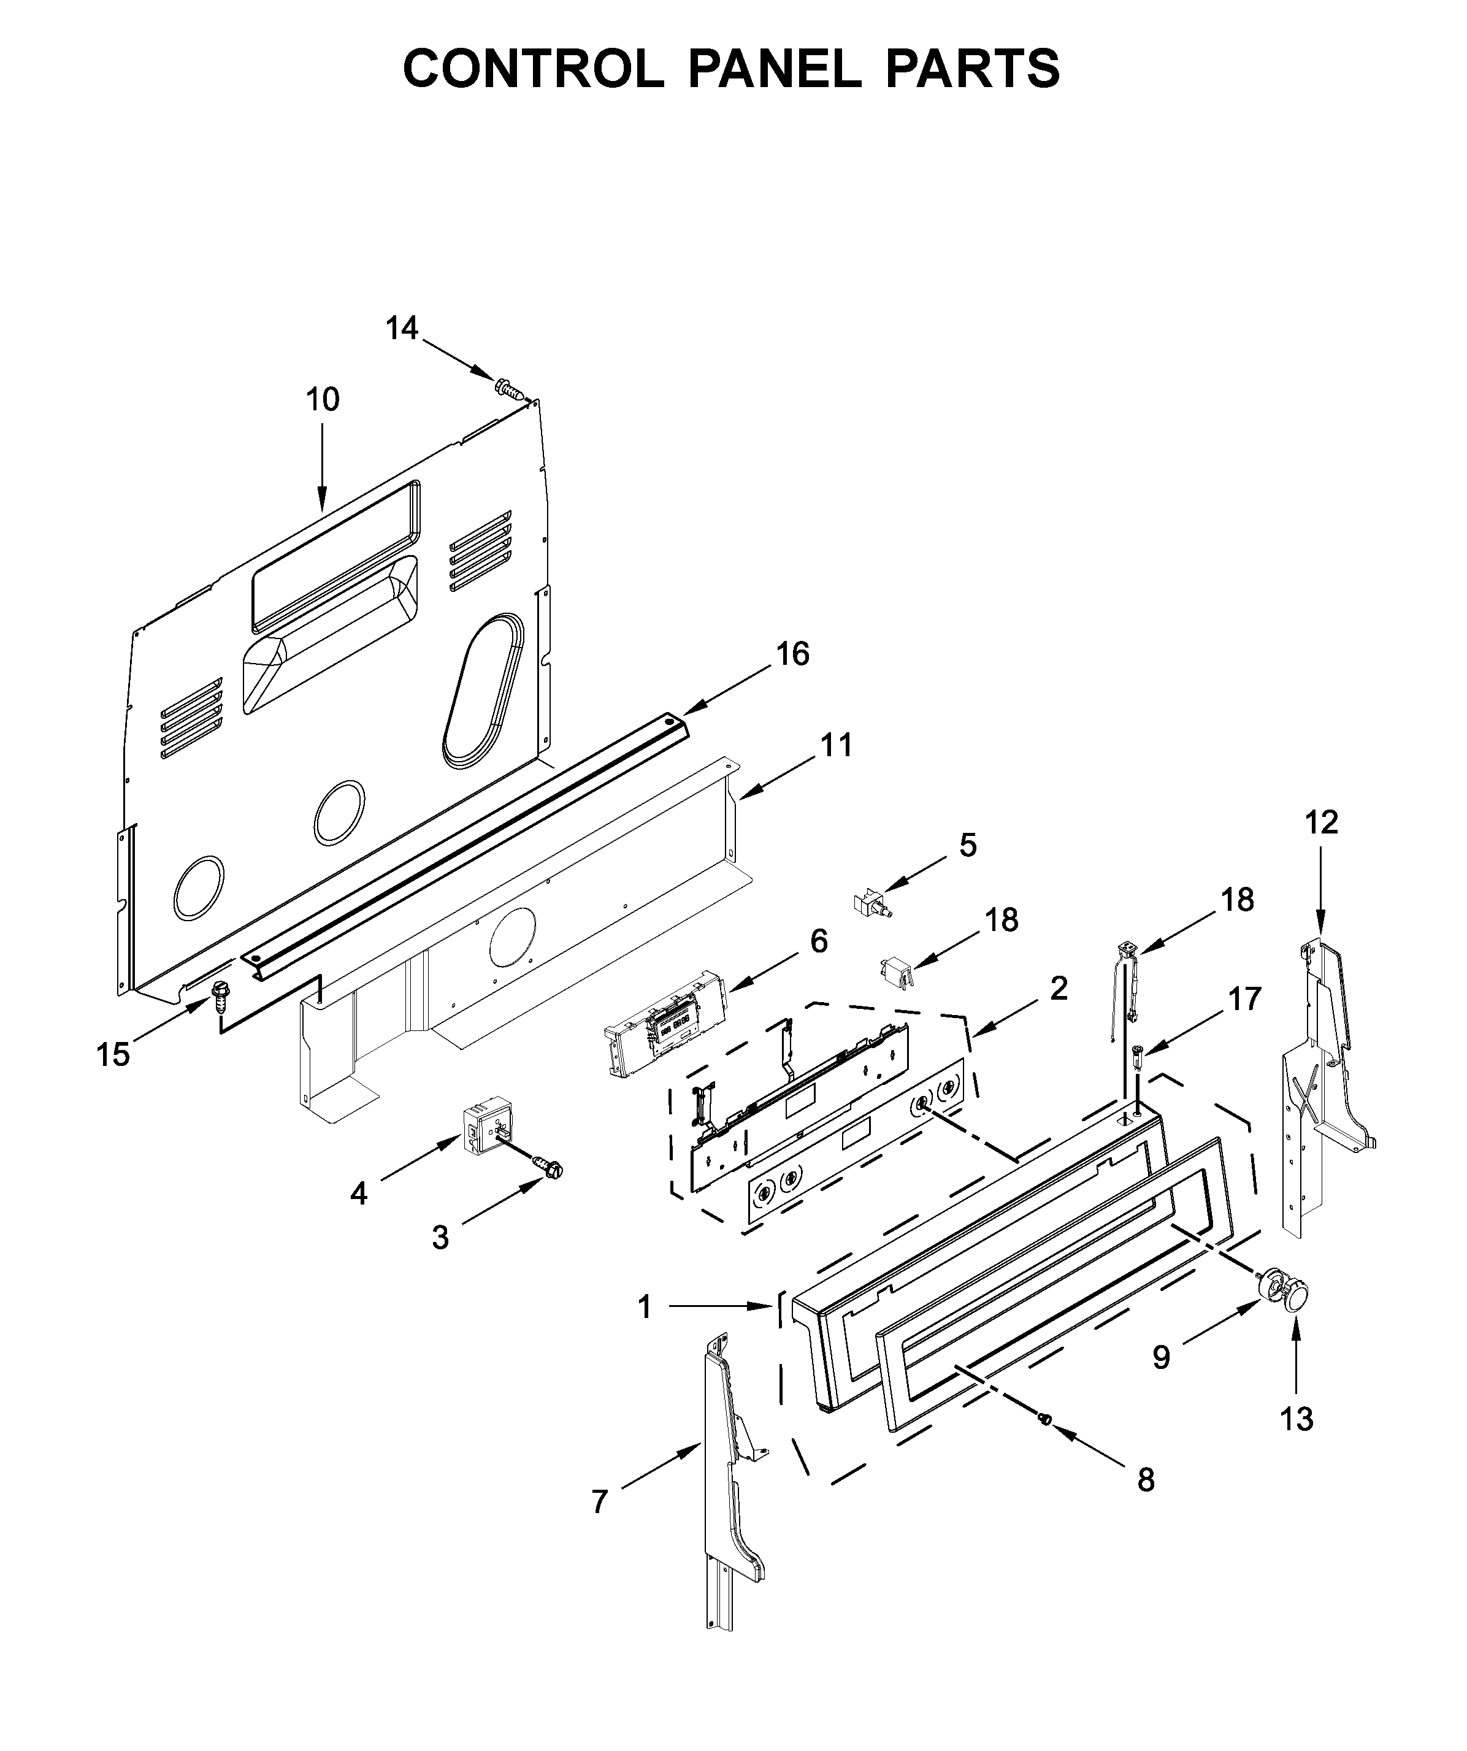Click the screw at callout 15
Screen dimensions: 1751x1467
point(221,994)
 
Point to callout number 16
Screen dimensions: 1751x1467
point(792,654)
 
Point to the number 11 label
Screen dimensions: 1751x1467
point(836,745)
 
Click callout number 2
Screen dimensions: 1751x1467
point(1059,988)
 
